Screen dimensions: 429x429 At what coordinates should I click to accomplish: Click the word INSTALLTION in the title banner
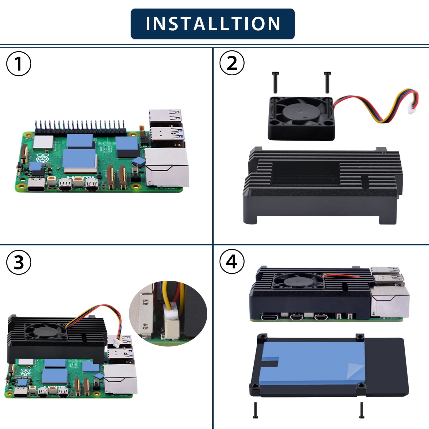coord(213,24)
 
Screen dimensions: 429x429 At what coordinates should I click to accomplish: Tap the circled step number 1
coord(19,64)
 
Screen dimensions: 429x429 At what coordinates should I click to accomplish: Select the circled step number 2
coord(232,63)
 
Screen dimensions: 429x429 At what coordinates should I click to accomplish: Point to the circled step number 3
coord(19,262)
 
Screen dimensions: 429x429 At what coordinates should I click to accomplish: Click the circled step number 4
coord(232,262)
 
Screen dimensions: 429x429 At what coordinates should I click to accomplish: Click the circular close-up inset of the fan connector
coord(168,313)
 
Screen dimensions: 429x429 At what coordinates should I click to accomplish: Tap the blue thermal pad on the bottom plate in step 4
coord(312,363)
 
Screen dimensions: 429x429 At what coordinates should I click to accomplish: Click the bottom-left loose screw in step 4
coord(255,410)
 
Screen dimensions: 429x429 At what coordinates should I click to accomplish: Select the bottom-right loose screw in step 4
coord(362,410)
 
